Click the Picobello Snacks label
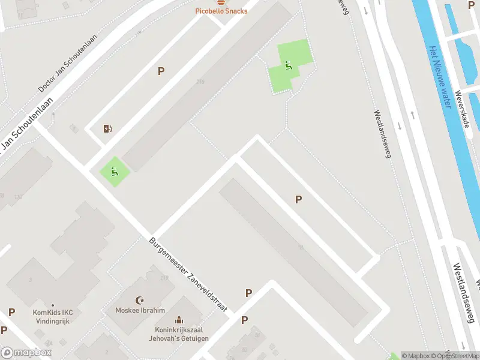tap(221, 11)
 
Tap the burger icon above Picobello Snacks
tap(221, 2)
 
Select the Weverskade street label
tap(461, 109)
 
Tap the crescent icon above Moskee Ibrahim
tap(141, 300)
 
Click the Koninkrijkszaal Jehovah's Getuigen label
tap(179, 335)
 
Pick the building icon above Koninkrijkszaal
tap(178, 321)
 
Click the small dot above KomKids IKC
tap(52, 305)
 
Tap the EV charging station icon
tap(107, 128)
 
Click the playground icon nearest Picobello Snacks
tap(289, 65)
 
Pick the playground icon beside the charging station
tap(114, 170)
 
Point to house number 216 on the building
tap(200, 82)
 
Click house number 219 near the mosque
tap(164, 278)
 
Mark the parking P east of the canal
tap(471, 4)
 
